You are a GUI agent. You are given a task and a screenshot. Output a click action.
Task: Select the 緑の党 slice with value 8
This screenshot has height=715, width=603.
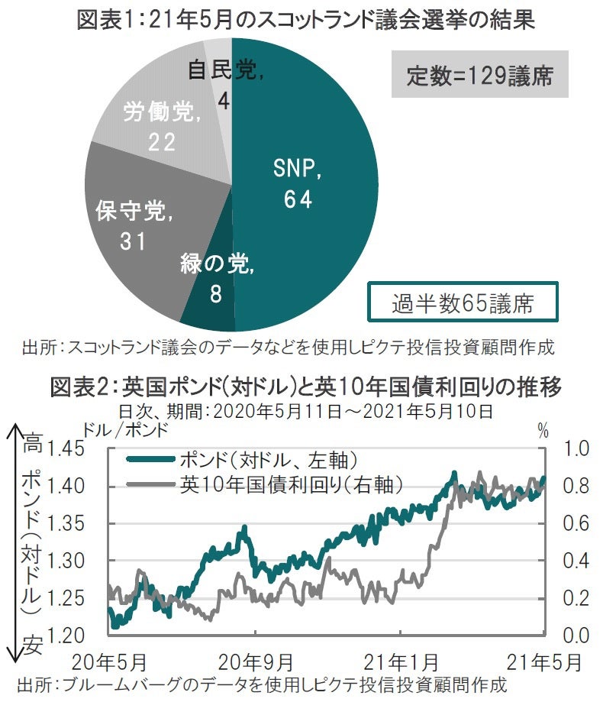210,294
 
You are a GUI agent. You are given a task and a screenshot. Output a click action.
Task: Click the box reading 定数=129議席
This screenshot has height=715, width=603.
480,76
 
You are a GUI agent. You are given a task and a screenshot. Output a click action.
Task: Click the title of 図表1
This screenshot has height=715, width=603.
305,18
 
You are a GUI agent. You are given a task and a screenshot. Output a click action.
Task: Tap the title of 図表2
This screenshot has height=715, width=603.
305,388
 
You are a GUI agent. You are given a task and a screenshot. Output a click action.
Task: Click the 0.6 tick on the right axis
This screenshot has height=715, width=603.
576,523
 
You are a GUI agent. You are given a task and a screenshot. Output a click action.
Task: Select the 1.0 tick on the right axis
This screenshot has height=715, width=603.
576,448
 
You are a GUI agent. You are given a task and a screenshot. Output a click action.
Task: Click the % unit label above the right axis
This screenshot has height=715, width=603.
543,430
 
